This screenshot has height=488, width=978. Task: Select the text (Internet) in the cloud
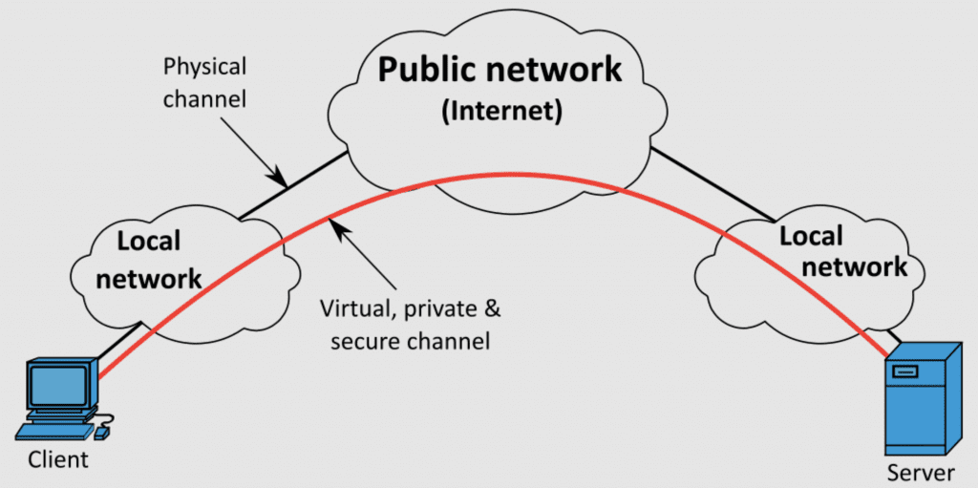tap(500, 111)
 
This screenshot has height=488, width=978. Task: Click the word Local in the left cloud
tap(149, 241)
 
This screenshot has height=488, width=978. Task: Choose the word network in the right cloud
tap(856, 266)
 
